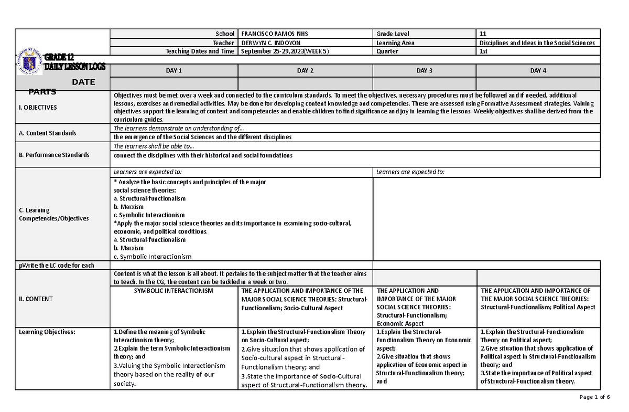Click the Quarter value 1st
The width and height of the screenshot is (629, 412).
pos(483,51)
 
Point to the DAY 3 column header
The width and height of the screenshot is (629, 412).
pos(425,70)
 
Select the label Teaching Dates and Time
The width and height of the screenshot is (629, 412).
pos(200,51)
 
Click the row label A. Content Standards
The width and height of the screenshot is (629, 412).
pos(48,133)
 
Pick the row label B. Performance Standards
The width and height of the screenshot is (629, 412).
pos(54,155)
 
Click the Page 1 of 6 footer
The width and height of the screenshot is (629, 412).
pos(595,397)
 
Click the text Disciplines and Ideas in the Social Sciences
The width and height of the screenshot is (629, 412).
pos(537,43)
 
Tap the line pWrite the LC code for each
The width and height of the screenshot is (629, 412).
pos(57,265)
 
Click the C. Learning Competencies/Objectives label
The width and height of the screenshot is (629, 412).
pos(54,214)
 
